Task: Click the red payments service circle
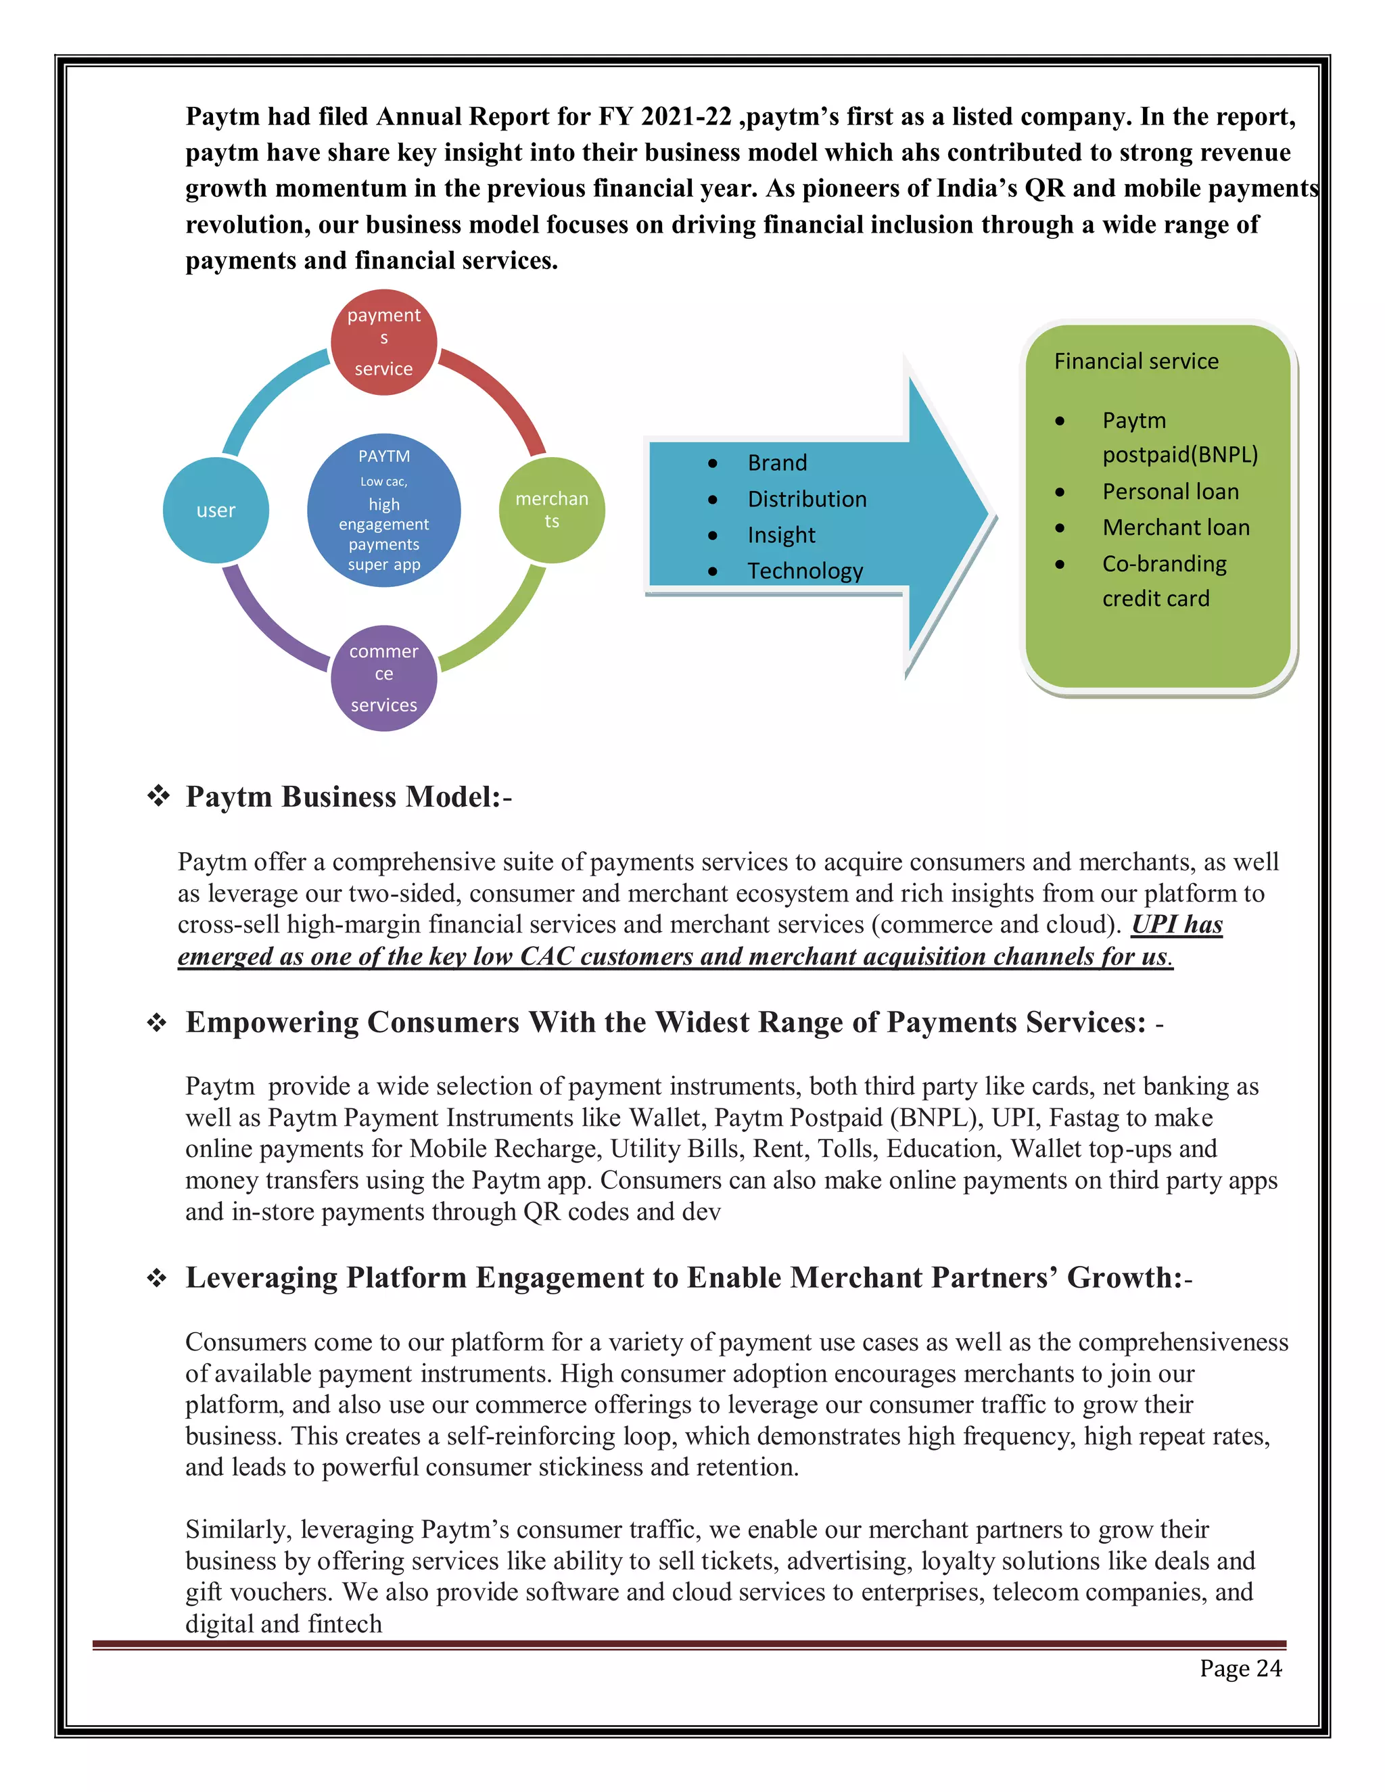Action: (x=383, y=342)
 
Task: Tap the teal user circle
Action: (x=216, y=511)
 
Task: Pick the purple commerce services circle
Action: (x=383, y=678)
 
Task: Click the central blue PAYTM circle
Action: (x=383, y=511)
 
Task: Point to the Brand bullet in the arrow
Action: (x=776, y=463)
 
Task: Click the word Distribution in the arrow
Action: (x=807, y=499)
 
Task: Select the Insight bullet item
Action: (x=780, y=535)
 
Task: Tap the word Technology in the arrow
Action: (x=805, y=571)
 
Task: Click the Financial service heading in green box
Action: (x=1135, y=361)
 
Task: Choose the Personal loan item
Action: (x=1170, y=492)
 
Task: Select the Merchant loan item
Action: (x=1176, y=527)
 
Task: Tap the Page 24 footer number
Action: (x=1240, y=1668)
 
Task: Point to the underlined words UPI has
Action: (x=1177, y=924)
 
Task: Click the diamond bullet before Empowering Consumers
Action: (x=157, y=1023)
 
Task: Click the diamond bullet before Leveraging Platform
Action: (x=157, y=1278)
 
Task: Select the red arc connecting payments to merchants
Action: (x=500, y=394)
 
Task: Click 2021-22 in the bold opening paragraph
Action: (x=686, y=116)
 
